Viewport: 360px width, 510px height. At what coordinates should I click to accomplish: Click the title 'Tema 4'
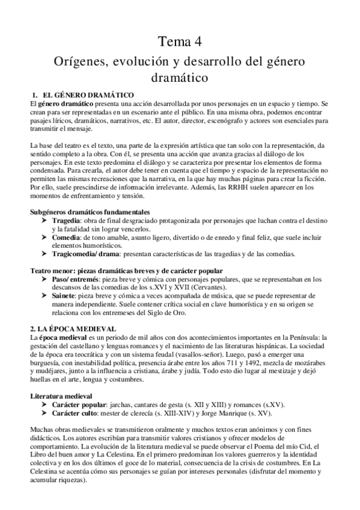(x=180, y=42)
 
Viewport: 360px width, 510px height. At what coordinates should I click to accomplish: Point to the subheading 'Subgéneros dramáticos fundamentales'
(x=90, y=212)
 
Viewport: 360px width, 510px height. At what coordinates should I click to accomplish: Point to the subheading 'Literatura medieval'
(x=61, y=396)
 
